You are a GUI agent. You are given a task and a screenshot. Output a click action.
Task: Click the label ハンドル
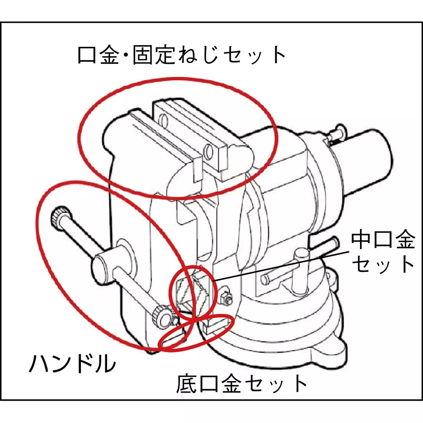(72, 363)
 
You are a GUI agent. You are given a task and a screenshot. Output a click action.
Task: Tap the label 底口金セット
(242, 384)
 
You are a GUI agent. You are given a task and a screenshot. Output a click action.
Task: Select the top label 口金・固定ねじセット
(182, 55)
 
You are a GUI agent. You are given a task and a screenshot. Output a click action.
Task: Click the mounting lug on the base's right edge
(334, 281)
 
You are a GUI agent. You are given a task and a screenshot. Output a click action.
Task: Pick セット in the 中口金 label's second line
(383, 264)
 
